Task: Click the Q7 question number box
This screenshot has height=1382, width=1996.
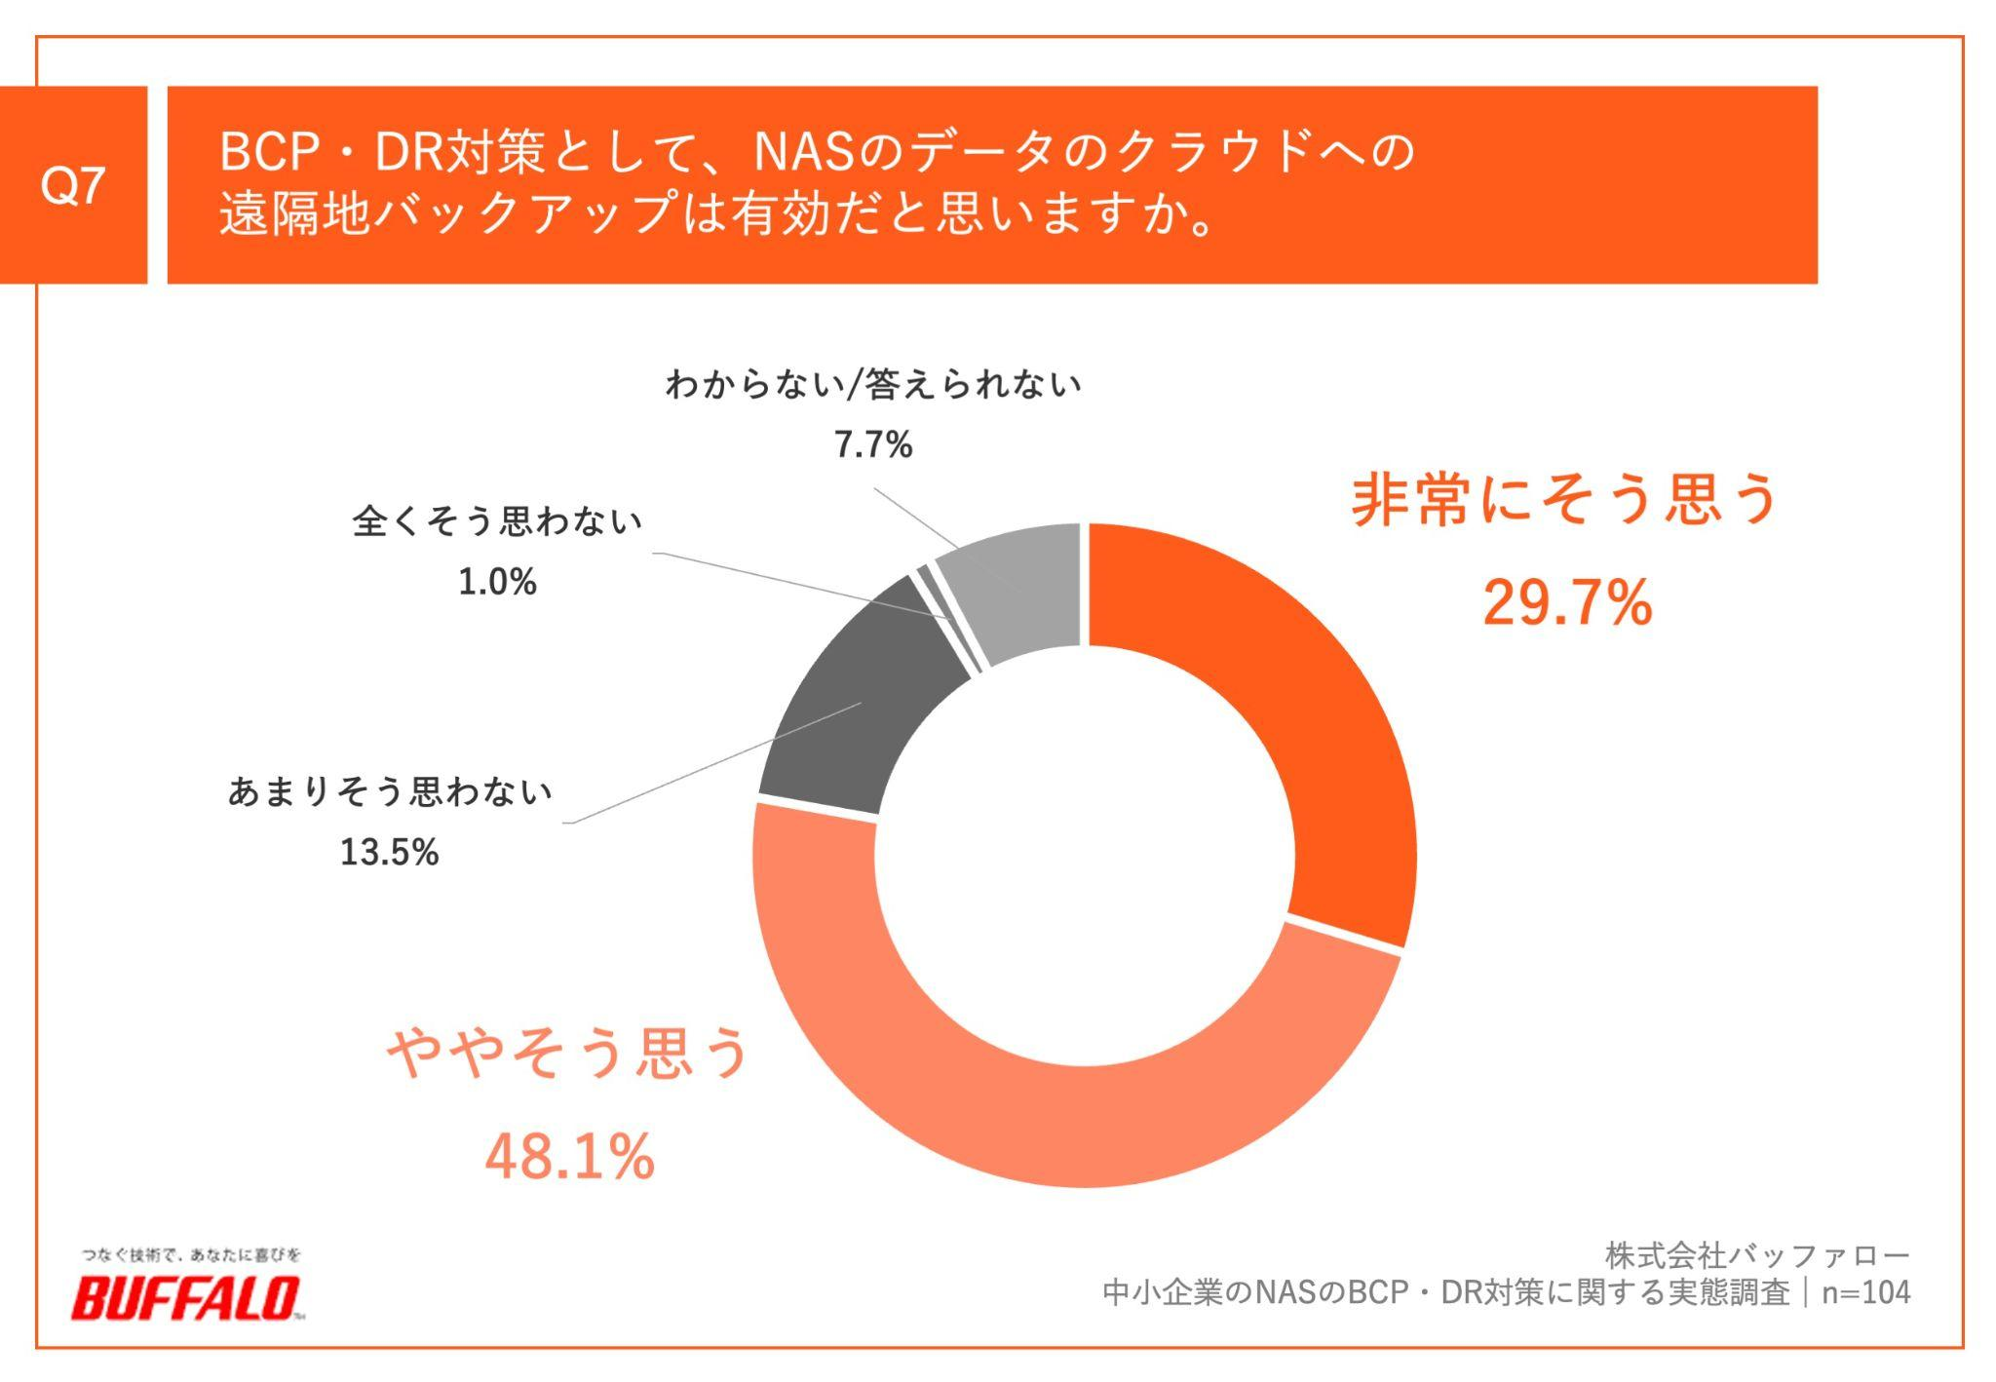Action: [73, 185]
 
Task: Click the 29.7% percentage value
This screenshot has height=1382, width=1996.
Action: [1567, 602]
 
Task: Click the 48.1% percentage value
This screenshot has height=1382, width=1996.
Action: [569, 1157]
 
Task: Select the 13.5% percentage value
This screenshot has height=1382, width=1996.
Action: [389, 853]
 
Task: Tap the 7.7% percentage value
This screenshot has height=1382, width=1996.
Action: [872, 445]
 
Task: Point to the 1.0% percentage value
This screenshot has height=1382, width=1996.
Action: [497, 583]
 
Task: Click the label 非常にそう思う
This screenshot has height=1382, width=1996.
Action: [1565, 499]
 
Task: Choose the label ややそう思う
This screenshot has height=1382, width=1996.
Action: [569, 1053]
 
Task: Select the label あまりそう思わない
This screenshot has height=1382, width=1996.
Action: [390, 791]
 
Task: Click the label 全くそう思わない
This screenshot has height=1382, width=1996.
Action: [497, 521]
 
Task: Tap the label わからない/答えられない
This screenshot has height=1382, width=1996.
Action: [872, 385]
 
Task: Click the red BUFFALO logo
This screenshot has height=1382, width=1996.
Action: [185, 1298]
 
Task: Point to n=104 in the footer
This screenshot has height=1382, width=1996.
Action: [1865, 1292]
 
